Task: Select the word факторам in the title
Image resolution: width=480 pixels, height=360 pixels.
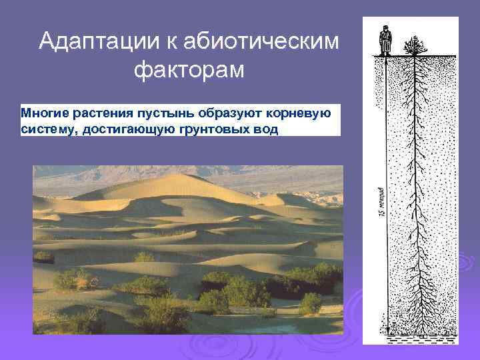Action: point(189,69)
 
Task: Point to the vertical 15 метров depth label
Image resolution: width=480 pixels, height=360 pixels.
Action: point(379,200)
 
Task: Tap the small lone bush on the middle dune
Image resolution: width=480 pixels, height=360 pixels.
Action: point(143,257)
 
